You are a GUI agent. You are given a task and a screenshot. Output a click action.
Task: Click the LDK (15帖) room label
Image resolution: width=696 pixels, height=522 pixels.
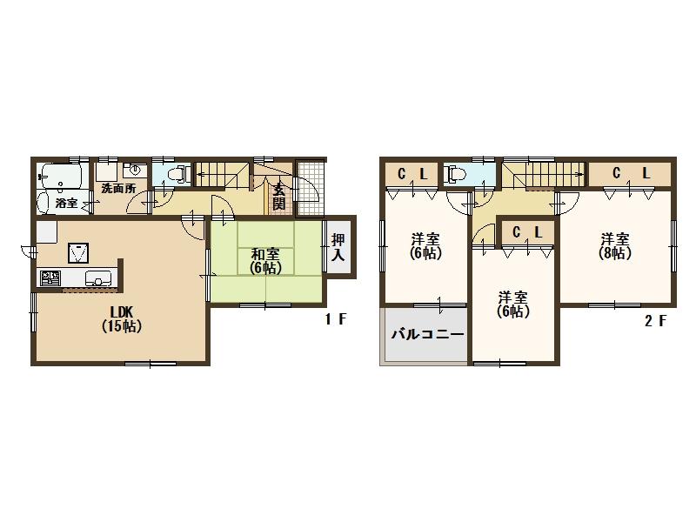(121, 319)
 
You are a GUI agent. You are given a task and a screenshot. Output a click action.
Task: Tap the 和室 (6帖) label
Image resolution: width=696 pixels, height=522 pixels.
(265, 261)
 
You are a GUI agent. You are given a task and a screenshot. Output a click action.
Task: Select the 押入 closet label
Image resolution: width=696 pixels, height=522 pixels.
(338, 248)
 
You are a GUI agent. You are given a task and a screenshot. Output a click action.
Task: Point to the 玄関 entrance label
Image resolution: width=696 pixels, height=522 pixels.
(278, 197)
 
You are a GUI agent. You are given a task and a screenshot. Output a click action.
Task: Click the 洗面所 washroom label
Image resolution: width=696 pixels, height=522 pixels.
(117, 188)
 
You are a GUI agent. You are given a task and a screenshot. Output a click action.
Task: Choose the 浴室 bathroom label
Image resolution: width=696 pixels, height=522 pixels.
(67, 203)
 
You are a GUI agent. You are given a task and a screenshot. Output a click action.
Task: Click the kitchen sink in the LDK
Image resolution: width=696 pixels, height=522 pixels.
(98, 279)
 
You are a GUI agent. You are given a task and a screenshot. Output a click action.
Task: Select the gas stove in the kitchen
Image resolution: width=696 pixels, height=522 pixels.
(50, 278)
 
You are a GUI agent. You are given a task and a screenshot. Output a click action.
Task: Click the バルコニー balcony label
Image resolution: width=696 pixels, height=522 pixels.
(426, 334)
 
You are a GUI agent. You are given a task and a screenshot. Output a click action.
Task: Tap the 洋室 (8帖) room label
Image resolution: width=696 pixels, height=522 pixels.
(615, 246)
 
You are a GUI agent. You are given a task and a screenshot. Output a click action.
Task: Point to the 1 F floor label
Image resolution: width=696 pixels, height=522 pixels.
(336, 320)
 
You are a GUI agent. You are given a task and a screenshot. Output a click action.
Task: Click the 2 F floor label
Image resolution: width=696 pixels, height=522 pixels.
(655, 320)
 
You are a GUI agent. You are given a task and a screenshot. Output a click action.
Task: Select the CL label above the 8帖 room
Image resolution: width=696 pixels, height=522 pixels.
(631, 174)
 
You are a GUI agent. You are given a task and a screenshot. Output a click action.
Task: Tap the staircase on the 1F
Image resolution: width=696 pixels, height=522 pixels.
(223, 174)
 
